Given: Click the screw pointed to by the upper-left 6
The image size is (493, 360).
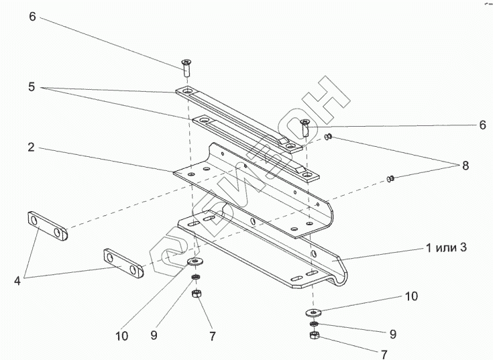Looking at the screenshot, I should click(186, 67).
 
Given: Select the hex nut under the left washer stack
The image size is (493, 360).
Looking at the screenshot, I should click(197, 294).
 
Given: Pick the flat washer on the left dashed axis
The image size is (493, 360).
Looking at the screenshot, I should click(195, 261).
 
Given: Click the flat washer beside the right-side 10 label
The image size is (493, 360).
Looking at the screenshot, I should click(313, 312).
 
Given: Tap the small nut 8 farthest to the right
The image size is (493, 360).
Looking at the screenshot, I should click(390, 178).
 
